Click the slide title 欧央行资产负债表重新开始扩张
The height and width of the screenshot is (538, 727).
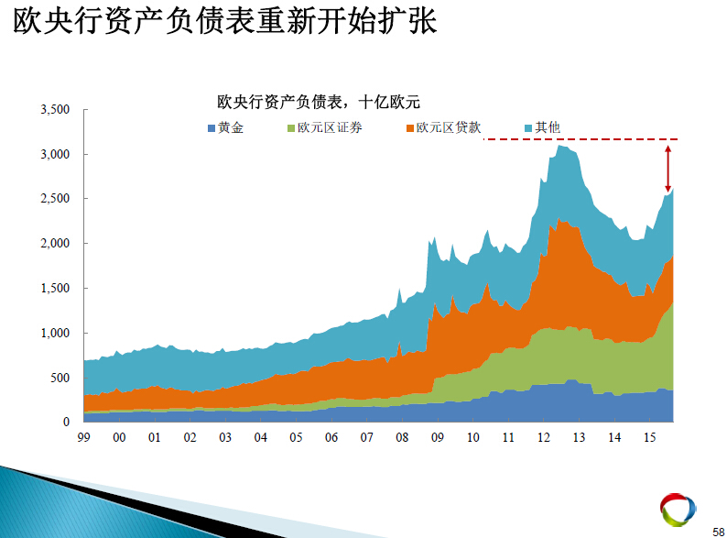click(225, 21)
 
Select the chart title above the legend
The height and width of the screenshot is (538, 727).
click(319, 102)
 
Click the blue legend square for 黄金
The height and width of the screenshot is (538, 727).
click(212, 128)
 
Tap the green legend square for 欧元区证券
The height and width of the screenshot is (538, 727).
click(291, 128)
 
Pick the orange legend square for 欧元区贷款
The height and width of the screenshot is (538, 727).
click(410, 128)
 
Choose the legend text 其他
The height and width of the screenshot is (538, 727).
click(548, 127)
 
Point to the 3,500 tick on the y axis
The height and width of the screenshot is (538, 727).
click(55, 110)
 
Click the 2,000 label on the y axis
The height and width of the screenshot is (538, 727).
click(55, 243)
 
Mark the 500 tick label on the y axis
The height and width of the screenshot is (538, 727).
click(60, 378)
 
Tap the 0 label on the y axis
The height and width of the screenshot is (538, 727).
click(66, 422)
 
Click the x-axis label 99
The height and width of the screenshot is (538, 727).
click(84, 438)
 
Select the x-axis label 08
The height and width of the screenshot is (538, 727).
click(402, 438)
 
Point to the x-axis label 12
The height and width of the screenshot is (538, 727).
click(543, 438)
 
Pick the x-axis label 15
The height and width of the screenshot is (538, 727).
click(649, 438)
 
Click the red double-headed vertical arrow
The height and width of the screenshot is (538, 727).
click(667, 169)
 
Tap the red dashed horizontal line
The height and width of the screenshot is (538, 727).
click(581, 138)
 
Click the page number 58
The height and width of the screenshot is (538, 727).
click(718, 532)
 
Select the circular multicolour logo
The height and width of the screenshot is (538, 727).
click(678, 510)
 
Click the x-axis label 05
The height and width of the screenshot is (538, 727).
click(296, 438)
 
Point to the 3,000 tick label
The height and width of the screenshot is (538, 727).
click(55, 154)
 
